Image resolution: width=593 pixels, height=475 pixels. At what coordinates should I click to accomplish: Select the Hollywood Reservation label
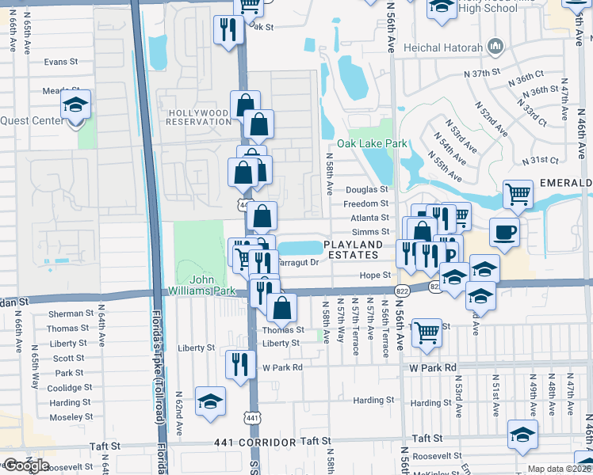click(198, 117)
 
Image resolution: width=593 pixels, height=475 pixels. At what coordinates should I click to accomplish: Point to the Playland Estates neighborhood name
click(353, 249)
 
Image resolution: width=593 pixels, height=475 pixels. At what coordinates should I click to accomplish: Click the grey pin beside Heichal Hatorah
click(497, 47)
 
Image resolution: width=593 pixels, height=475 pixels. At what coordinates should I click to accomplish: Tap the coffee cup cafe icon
click(504, 231)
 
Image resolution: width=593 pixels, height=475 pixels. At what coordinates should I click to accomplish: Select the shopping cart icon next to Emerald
click(517, 193)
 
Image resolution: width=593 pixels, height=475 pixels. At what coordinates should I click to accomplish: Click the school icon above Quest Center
click(75, 104)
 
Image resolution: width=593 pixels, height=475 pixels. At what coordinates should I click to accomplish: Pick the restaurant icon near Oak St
click(228, 30)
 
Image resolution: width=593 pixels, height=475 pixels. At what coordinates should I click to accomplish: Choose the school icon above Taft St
click(522, 435)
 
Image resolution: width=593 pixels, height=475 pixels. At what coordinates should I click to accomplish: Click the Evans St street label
click(61, 62)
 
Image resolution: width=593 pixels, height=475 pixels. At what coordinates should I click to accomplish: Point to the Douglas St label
click(366, 190)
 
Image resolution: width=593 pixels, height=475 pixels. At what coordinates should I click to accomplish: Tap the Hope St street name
click(376, 275)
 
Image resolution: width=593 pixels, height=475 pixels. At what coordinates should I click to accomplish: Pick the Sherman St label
click(65, 314)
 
